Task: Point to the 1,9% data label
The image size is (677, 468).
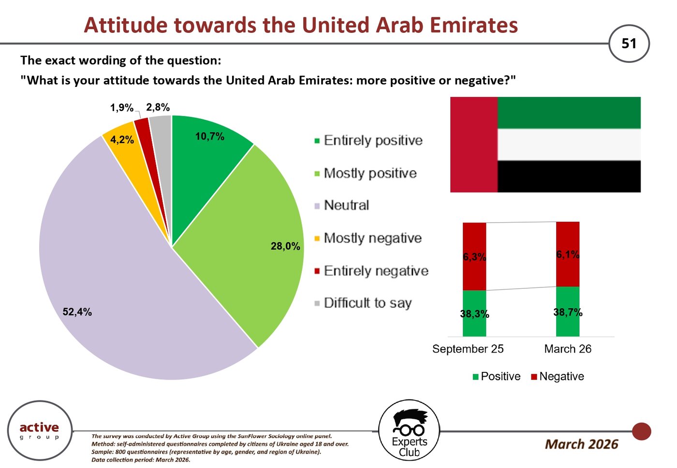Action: click(x=121, y=108)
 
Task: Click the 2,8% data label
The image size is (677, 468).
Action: click(x=158, y=107)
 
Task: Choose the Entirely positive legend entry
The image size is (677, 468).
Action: click(x=368, y=141)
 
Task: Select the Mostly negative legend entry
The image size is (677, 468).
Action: click(x=368, y=238)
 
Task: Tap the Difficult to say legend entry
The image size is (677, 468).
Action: click(x=363, y=303)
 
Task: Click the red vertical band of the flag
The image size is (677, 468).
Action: click(x=473, y=144)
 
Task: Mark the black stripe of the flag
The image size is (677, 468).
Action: click(x=569, y=177)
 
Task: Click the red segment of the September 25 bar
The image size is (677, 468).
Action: click(x=474, y=256)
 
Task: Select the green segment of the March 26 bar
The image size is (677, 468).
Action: click(x=568, y=312)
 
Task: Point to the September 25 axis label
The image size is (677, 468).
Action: click(x=468, y=349)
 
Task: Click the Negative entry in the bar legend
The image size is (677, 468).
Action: click(x=557, y=377)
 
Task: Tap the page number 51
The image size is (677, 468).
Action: click(x=629, y=43)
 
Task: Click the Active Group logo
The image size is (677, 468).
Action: click(x=40, y=430)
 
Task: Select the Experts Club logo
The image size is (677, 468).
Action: click(x=409, y=430)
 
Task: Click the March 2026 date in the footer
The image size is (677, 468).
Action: click(x=582, y=444)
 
